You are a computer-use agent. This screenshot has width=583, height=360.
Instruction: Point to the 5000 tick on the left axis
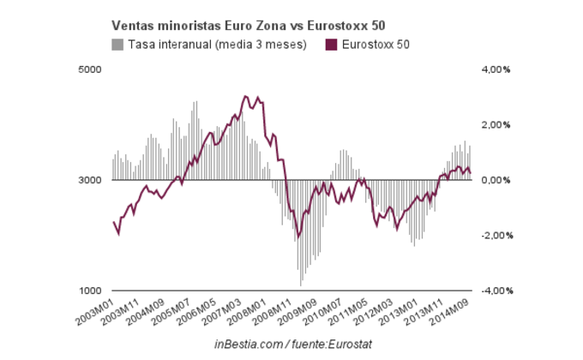coord(91,69)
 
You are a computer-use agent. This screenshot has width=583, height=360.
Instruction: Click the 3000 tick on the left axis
coord(91,180)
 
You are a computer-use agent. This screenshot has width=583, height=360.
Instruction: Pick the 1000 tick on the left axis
coord(91,291)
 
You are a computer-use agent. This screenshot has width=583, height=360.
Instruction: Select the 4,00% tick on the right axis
coord(494,69)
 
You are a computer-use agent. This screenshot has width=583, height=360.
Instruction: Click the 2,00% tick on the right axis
coord(494,125)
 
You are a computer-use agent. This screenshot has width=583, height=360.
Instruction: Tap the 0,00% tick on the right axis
coord(494,180)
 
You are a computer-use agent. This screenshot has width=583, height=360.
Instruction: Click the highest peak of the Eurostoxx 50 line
coord(245,96)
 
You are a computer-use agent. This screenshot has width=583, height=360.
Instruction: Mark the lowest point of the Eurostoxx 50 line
coord(298,237)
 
